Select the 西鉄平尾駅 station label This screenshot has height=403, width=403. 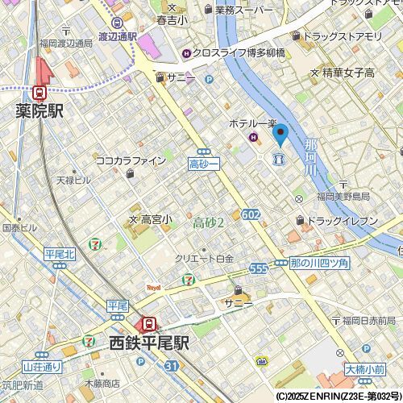(x=149, y=343)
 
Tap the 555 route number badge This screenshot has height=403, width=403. (x=259, y=268)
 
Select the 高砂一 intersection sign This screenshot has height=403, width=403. (x=204, y=164)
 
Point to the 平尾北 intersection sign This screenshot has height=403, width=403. (x=60, y=255)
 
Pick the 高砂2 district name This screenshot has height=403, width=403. (x=209, y=222)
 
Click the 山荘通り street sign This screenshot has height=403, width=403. (x=42, y=367)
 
